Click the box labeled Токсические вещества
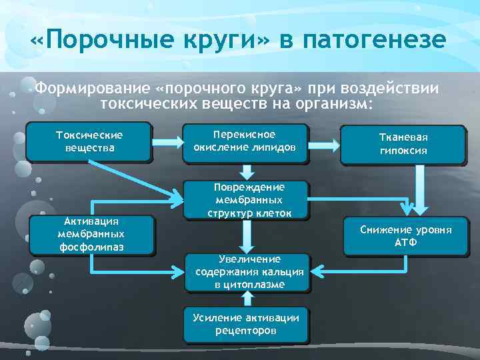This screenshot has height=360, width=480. tap(89, 141)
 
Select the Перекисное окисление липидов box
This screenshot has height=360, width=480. tap(247, 141)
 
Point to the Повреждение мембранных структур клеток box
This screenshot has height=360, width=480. tap(247, 199)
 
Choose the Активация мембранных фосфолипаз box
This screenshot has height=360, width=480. tap(91, 234)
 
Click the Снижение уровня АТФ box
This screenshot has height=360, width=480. tap(405, 235)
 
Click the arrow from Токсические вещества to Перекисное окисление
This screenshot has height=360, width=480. tap(167, 142)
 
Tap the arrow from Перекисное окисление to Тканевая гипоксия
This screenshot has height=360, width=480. tap(324, 142)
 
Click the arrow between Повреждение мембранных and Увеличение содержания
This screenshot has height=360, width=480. tap(247, 236)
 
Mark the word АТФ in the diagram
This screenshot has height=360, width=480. tap(405, 242)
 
